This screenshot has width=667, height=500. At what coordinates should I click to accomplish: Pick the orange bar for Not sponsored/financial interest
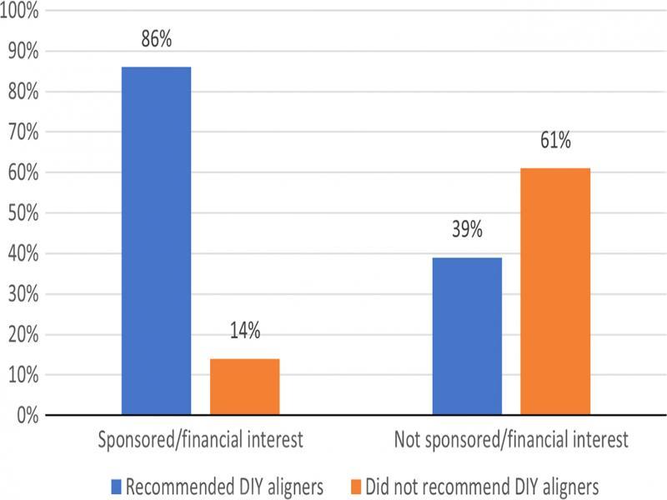(555, 291)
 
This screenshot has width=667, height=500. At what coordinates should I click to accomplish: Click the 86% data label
(156, 38)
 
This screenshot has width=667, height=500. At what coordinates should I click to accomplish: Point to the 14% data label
(244, 331)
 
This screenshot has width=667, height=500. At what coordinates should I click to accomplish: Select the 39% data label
(467, 230)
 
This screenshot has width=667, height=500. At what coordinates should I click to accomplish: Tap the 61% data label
(555, 141)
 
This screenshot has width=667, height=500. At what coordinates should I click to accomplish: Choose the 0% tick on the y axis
(28, 415)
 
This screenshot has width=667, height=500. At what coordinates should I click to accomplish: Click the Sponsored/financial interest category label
(200, 440)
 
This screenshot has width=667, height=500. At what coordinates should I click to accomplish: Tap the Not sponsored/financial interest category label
(510, 440)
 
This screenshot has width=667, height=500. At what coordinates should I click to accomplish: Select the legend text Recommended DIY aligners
(225, 485)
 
